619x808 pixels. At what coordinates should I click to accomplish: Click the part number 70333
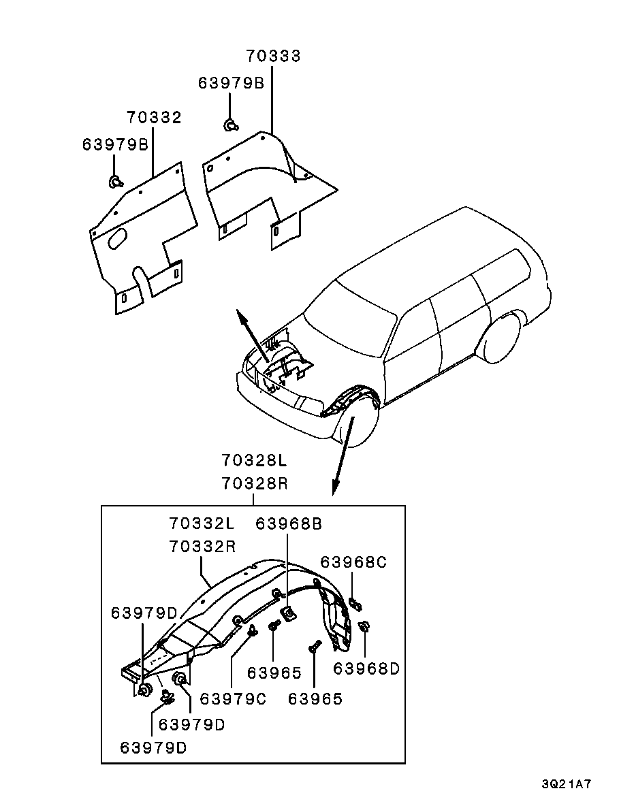273,56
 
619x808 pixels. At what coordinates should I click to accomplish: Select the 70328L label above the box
255,459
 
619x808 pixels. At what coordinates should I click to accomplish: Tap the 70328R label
255,483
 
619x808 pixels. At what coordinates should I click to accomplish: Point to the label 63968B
289,523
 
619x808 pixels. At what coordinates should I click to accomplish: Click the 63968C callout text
353,562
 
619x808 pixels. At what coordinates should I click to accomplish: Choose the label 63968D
366,668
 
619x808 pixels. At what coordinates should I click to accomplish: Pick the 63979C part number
233,699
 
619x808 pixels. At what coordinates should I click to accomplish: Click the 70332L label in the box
202,523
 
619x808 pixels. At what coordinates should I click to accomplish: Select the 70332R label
202,546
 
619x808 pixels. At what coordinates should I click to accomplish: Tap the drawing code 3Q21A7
566,785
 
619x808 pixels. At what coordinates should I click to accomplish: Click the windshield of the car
351,319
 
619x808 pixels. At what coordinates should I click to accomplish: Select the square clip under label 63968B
287,614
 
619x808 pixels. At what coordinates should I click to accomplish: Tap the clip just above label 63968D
364,627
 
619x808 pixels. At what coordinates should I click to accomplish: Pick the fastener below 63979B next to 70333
230,125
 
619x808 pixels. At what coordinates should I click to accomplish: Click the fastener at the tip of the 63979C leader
253,630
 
